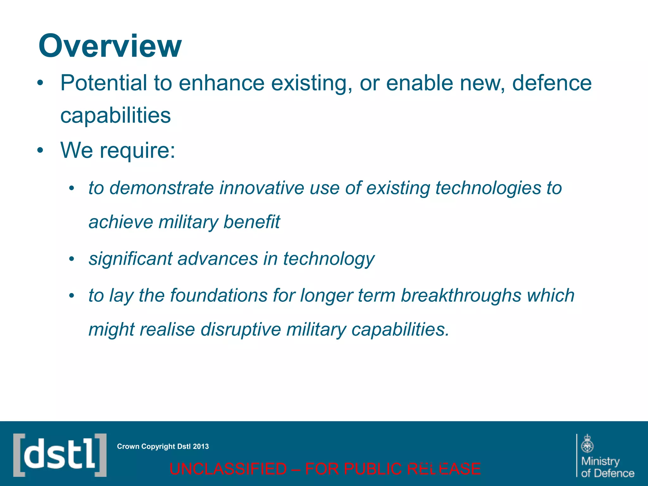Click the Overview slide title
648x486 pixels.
[110, 46]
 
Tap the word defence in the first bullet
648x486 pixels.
[551, 83]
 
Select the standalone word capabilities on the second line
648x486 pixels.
[115, 115]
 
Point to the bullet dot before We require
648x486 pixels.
[40, 151]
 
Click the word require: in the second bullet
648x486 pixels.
[137, 151]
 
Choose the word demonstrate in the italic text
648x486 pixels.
[162, 188]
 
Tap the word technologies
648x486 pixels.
[488, 188]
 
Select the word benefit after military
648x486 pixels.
[252, 222]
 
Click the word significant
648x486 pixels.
[130, 259]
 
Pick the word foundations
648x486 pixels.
[219, 296]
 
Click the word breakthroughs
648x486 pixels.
[461, 296]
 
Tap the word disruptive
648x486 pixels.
[241, 329]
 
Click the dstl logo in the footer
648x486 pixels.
[60, 455]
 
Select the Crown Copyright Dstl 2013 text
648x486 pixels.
[163, 446]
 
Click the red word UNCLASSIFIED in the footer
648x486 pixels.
[228, 469]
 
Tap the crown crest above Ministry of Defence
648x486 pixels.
[587, 443]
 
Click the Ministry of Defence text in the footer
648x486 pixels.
[607, 467]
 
